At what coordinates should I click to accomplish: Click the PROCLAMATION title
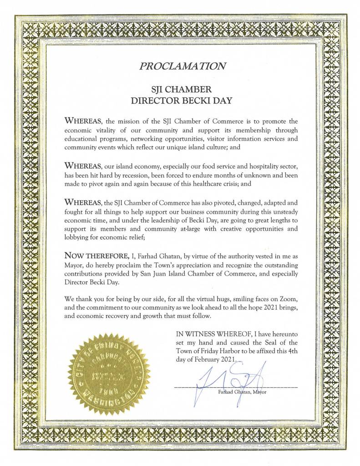[182, 66]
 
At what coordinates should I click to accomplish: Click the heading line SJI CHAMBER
[181, 89]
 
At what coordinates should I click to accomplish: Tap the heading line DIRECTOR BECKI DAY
[181, 101]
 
